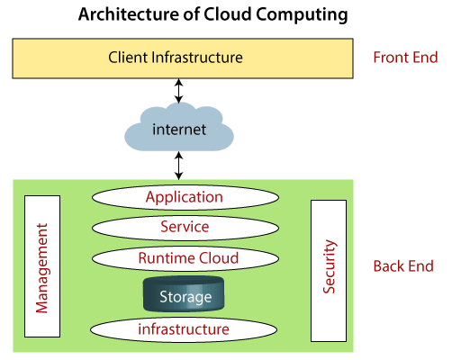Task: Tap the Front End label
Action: pyautogui.click(x=404, y=58)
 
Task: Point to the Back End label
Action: pyautogui.click(x=403, y=265)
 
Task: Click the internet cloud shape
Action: pyautogui.click(x=178, y=130)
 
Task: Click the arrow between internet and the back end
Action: pyautogui.click(x=178, y=166)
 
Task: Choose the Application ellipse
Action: pyautogui.click(x=184, y=197)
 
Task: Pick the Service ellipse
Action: pyautogui.click(x=184, y=228)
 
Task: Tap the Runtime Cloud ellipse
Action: pyautogui.click(x=188, y=258)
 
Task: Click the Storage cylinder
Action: pyautogui.click(x=185, y=295)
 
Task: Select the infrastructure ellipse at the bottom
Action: pyautogui.click(x=184, y=329)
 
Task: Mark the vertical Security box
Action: pyautogui.click(x=328, y=270)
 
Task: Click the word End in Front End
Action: pyautogui.click(x=423, y=58)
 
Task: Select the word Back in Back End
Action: pyautogui.click(x=389, y=265)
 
